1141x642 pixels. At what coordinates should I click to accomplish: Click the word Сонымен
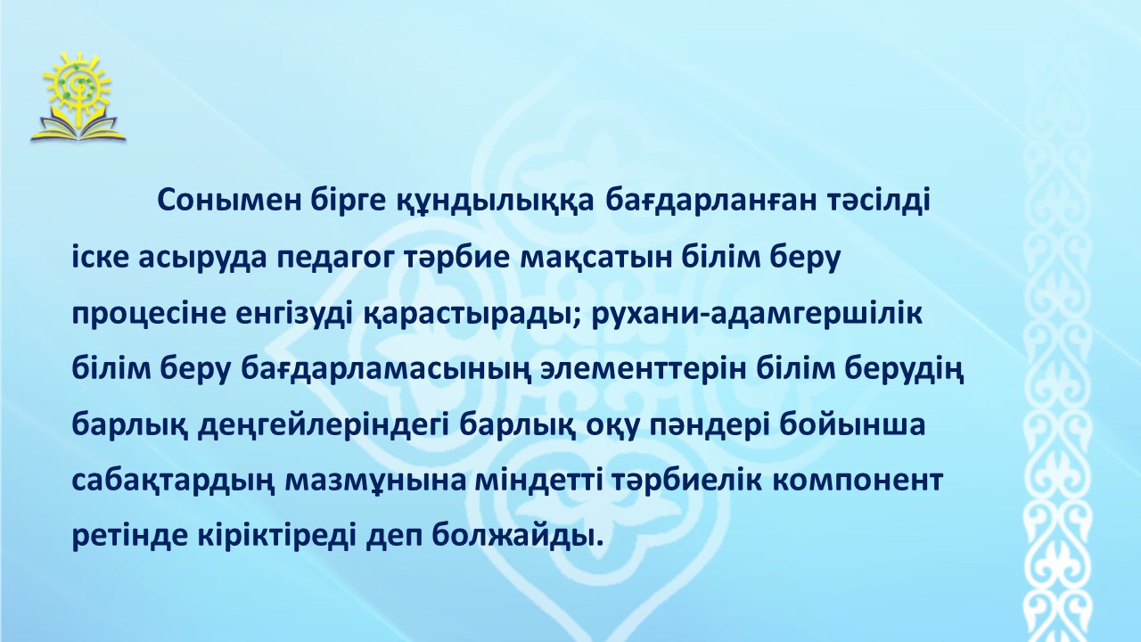(x=229, y=202)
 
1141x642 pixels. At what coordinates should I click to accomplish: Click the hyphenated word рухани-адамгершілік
(x=758, y=316)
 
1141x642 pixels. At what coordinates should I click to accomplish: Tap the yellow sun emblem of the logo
(x=77, y=84)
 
